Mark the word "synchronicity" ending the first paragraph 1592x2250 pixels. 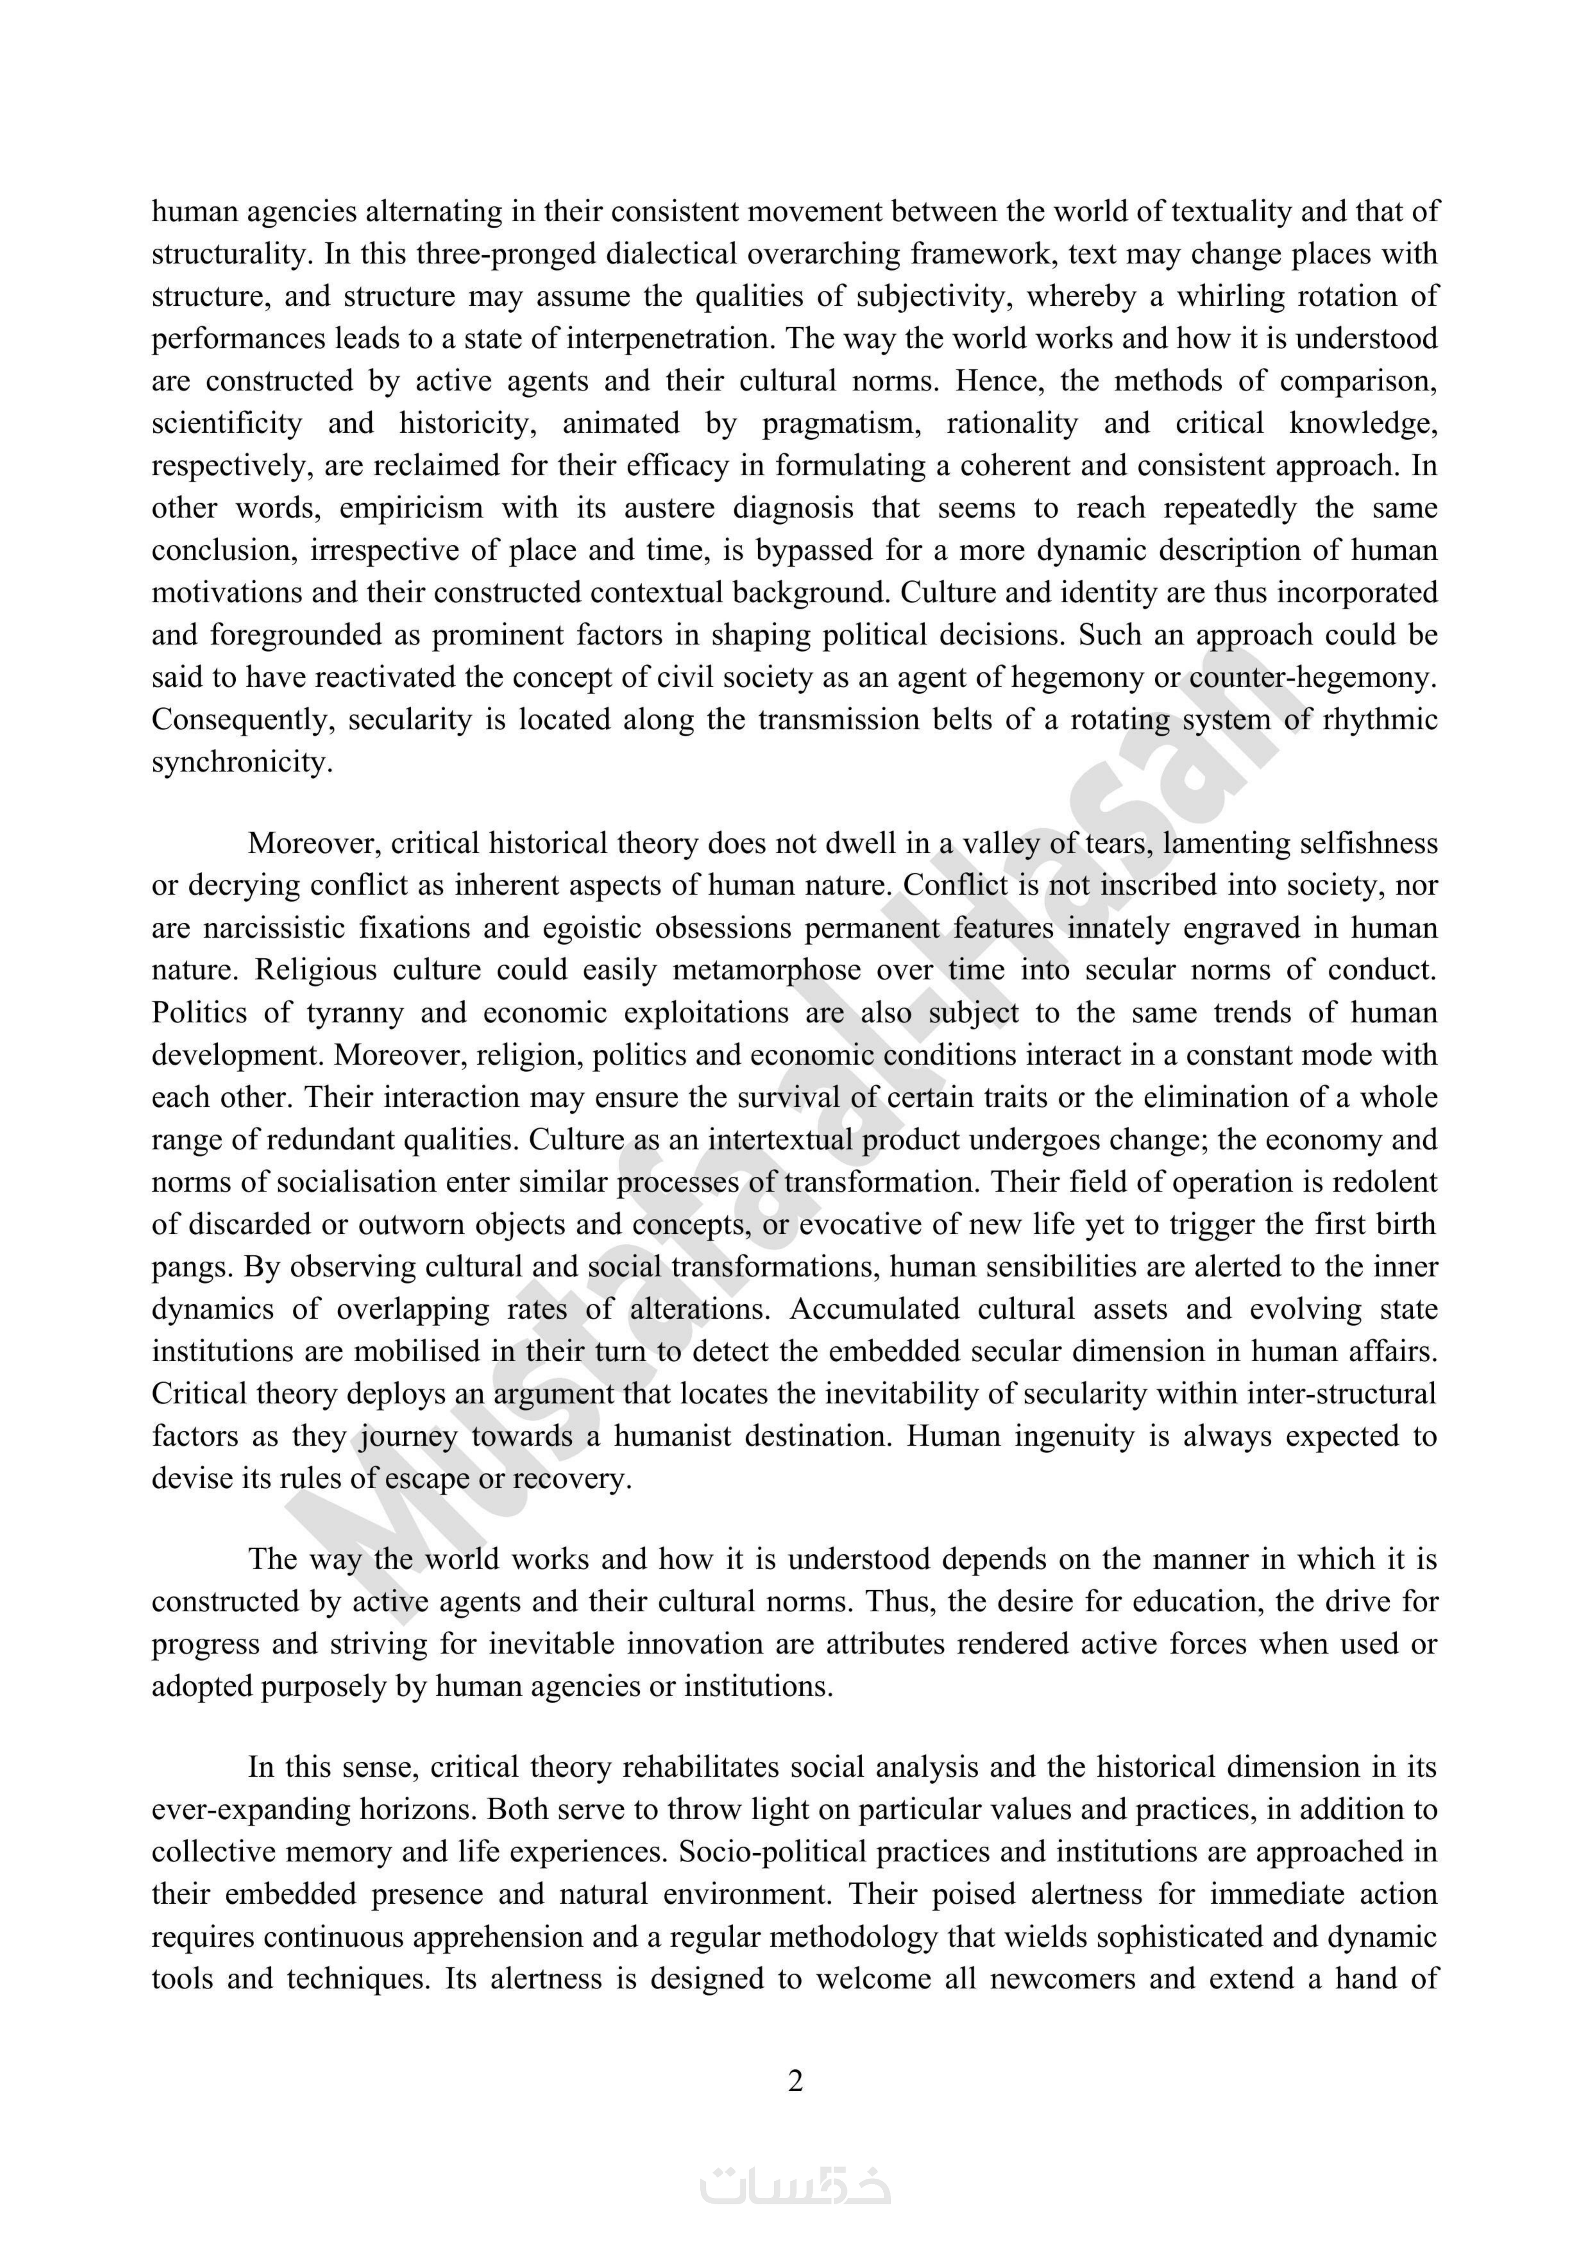pyautogui.click(x=241, y=762)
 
